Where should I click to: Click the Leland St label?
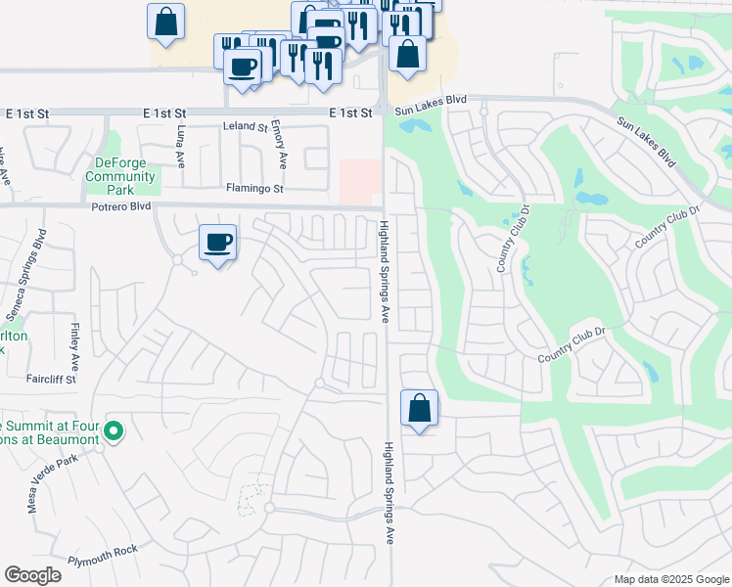click(x=245, y=127)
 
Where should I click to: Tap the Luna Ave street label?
click(x=181, y=144)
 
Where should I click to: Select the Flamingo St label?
click(x=254, y=188)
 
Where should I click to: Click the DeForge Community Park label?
click(x=119, y=176)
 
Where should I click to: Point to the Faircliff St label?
click(x=52, y=379)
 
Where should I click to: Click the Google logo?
click(x=32, y=575)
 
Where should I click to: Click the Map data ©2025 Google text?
click(x=671, y=579)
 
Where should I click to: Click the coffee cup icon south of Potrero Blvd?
click(x=217, y=241)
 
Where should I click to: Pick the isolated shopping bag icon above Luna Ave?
click(x=165, y=21)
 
